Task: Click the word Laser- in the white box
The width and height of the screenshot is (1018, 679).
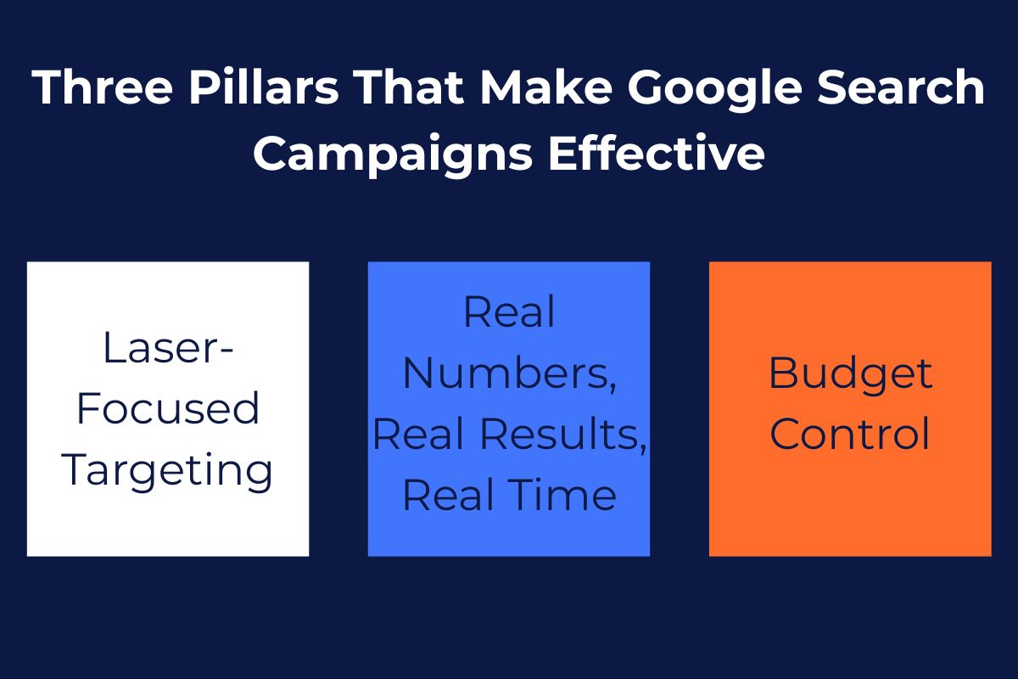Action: pos(168,348)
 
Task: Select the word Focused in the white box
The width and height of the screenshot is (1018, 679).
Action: pos(168,409)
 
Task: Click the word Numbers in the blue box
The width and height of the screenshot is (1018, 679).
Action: pos(509,374)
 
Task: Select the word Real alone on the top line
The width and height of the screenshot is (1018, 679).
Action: pos(509,312)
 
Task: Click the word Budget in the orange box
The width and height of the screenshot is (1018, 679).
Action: pos(850,374)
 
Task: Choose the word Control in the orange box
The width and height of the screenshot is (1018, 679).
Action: pos(850,435)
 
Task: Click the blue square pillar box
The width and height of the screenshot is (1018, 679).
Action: pos(509,535)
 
